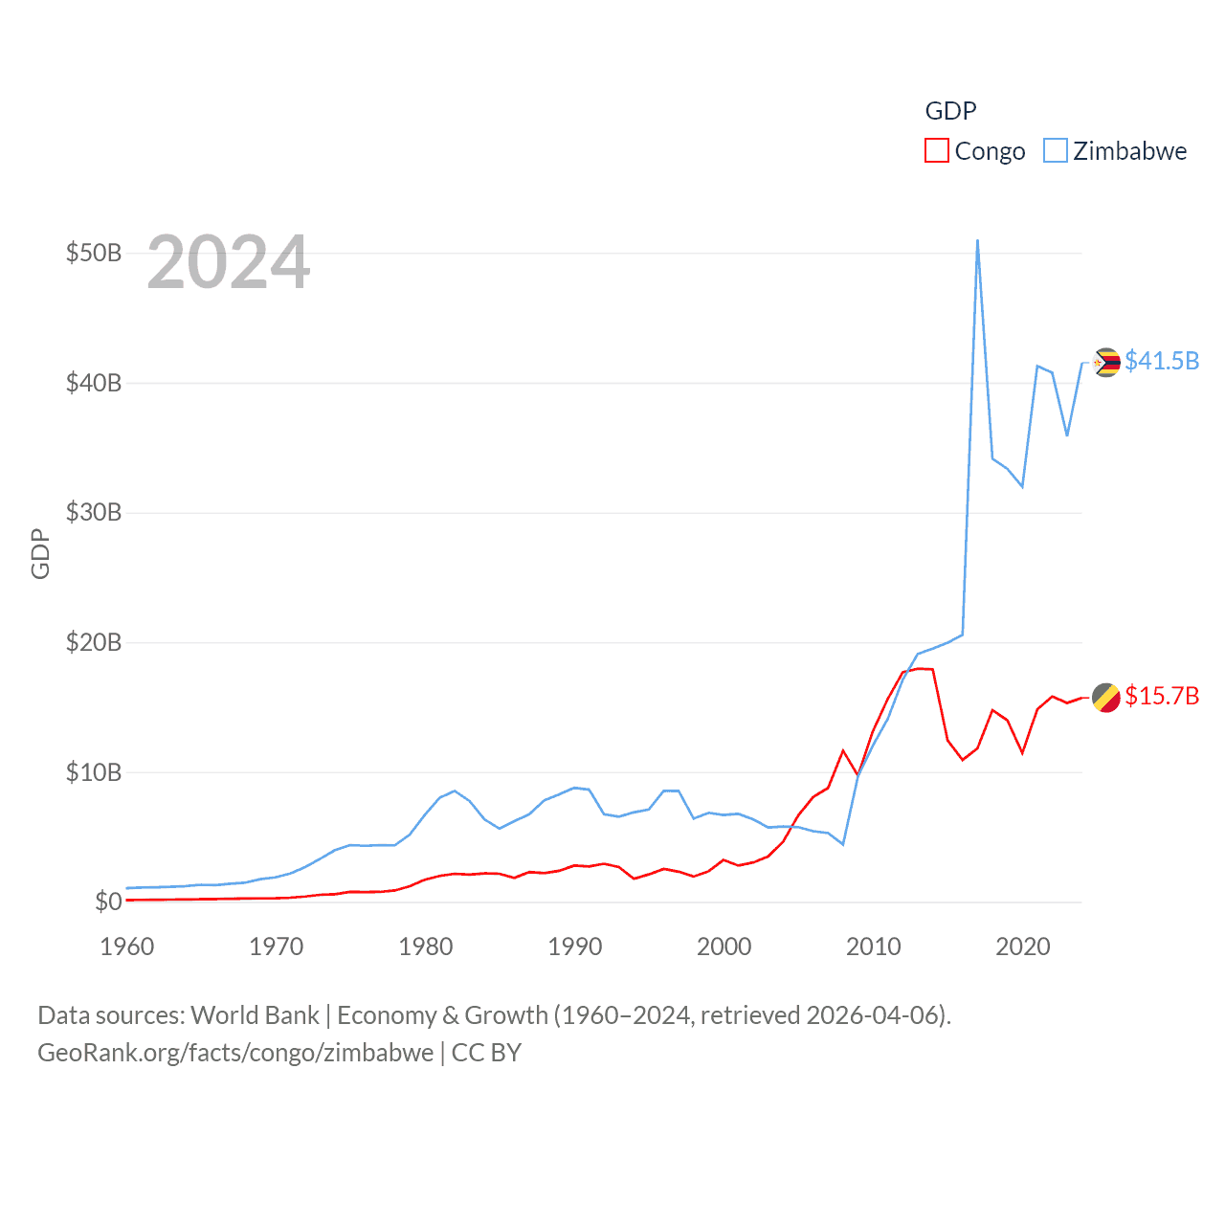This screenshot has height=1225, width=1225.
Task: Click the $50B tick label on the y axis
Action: [94, 254]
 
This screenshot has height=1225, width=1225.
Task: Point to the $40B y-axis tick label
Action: [94, 384]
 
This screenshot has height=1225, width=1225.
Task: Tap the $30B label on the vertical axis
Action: [94, 513]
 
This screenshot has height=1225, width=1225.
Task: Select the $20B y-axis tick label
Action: [94, 642]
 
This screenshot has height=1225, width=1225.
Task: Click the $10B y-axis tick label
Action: [94, 772]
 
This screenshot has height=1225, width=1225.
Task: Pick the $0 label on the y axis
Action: [108, 902]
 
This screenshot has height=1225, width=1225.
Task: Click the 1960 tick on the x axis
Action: [127, 947]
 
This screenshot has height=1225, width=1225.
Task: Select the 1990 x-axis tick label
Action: [575, 947]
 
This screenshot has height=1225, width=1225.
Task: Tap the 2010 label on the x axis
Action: [874, 947]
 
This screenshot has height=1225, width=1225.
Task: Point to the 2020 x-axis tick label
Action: [1023, 947]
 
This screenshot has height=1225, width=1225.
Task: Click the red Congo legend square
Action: [936, 151]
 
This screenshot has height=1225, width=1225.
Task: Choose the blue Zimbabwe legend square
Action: [1055, 151]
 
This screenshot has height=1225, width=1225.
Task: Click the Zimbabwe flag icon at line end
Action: [1106, 363]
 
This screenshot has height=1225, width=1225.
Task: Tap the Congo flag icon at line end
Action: [1106, 698]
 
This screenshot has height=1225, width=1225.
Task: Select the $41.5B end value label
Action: [1162, 361]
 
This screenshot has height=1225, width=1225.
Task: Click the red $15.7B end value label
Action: [1162, 696]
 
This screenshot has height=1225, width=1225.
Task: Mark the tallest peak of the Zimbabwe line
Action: [977, 241]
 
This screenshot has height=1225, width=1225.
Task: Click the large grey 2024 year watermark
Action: [229, 262]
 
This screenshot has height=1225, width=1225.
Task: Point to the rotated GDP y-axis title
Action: [40, 553]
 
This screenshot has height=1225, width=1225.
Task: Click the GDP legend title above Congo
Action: [950, 111]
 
